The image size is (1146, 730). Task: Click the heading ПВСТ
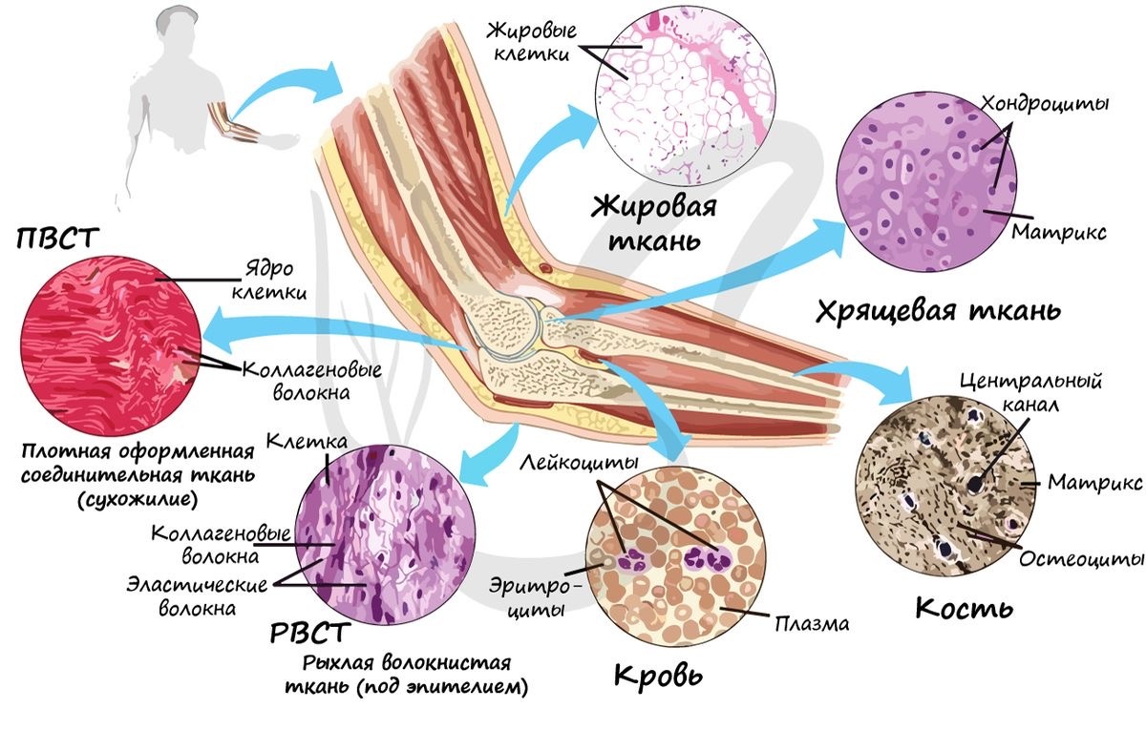click(57, 239)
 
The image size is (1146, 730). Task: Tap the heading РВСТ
click(310, 634)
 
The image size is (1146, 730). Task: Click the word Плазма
click(812, 624)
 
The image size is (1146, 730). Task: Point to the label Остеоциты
click(1080, 559)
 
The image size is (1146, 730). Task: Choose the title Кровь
click(658, 676)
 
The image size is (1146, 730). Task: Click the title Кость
click(964, 609)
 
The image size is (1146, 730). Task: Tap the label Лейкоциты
click(579, 462)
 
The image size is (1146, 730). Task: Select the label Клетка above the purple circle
click(307, 441)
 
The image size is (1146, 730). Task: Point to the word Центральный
click(1030, 382)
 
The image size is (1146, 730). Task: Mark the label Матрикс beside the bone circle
click(1094, 482)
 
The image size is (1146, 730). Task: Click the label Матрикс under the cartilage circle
click(1058, 232)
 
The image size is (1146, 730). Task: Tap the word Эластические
click(197, 584)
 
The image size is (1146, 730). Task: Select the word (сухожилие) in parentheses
click(138, 499)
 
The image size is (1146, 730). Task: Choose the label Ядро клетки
click(269, 281)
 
